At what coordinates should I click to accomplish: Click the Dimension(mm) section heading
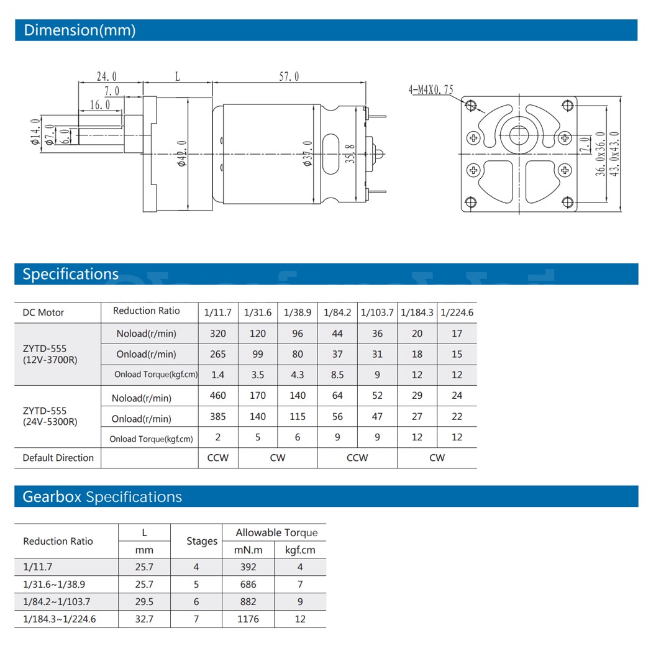pyautogui.click(x=79, y=30)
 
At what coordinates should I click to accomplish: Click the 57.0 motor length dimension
pyautogui.click(x=289, y=76)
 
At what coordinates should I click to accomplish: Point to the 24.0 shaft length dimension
pyautogui.click(x=106, y=76)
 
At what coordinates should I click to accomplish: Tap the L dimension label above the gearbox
pyautogui.click(x=177, y=76)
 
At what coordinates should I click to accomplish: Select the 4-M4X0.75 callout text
pyautogui.click(x=430, y=90)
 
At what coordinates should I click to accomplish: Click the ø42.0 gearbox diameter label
pyautogui.click(x=182, y=153)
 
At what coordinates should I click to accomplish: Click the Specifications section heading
pyautogui.click(x=70, y=274)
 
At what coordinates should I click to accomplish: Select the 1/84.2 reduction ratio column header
pyautogui.click(x=337, y=312)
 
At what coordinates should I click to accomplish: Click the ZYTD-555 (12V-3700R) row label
pyautogui.click(x=50, y=354)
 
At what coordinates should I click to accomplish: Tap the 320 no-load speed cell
pyautogui.click(x=218, y=334)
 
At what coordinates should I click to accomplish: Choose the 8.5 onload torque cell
pyautogui.click(x=337, y=375)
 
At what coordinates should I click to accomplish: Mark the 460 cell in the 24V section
pyautogui.click(x=218, y=396)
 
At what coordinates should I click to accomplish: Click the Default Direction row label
pyautogui.click(x=58, y=458)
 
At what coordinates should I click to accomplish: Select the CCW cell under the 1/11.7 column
pyautogui.click(x=218, y=458)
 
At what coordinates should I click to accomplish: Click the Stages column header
pyautogui.click(x=202, y=541)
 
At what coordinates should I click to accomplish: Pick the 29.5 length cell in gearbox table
pyautogui.click(x=144, y=601)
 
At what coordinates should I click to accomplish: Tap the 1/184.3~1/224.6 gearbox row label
pyautogui.click(x=60, y=619)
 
